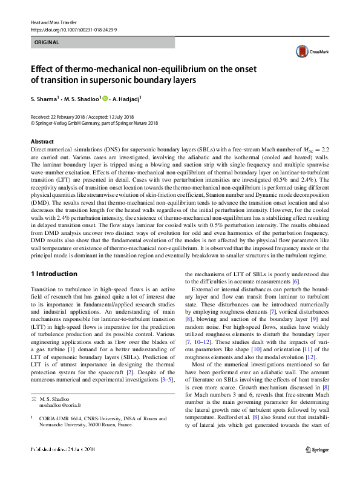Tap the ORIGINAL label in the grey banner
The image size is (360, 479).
pyautogui.click(x=47, y=43)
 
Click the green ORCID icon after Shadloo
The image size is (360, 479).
pyautogui.click(x=104, y=98)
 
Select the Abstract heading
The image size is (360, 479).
pyautogui.click(x=42, y=141)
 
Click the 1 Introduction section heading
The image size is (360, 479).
pyautogui.click(x=54, y=274)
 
